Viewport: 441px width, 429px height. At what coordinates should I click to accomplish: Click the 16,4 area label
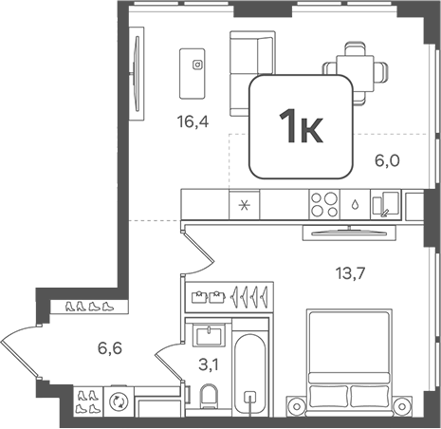[193, 121]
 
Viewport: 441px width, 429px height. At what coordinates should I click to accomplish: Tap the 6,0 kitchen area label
[387, 160]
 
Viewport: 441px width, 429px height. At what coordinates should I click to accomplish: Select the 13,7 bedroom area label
[350, 273]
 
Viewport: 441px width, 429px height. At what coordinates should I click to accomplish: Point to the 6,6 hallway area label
[110, 348]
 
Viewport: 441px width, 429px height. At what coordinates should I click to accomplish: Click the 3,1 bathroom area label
[209, 365]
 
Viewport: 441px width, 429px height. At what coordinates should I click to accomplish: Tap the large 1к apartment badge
[301, 127]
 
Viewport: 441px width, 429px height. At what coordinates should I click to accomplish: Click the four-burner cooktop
[324, 204]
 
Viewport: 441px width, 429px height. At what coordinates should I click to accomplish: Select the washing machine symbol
[119, 401]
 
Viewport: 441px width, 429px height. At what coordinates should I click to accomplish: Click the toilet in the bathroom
[209, 396]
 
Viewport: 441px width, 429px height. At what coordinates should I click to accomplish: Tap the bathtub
[250, 374]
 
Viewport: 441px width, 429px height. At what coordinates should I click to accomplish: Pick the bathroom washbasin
[209, 336]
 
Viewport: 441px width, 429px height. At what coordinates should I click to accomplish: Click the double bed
[349, 363]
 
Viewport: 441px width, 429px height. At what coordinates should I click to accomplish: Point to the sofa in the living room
[252, 73]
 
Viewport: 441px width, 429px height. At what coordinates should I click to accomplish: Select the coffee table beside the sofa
[192, 73]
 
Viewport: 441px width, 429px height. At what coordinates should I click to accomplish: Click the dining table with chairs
[355, 74]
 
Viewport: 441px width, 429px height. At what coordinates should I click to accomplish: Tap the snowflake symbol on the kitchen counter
[244, 206]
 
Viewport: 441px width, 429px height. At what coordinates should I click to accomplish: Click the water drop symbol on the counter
[355, 205]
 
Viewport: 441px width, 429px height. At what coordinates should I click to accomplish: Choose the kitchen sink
[386, 204]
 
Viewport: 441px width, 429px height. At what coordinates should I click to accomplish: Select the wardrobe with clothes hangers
[230, 297]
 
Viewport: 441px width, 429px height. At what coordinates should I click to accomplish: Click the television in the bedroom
[349, 233]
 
